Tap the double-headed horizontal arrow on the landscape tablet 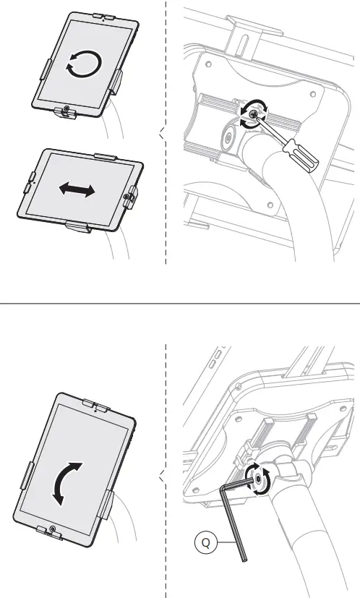[77, 190]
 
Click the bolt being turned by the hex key [257, 479]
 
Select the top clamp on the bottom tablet [97, 403]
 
